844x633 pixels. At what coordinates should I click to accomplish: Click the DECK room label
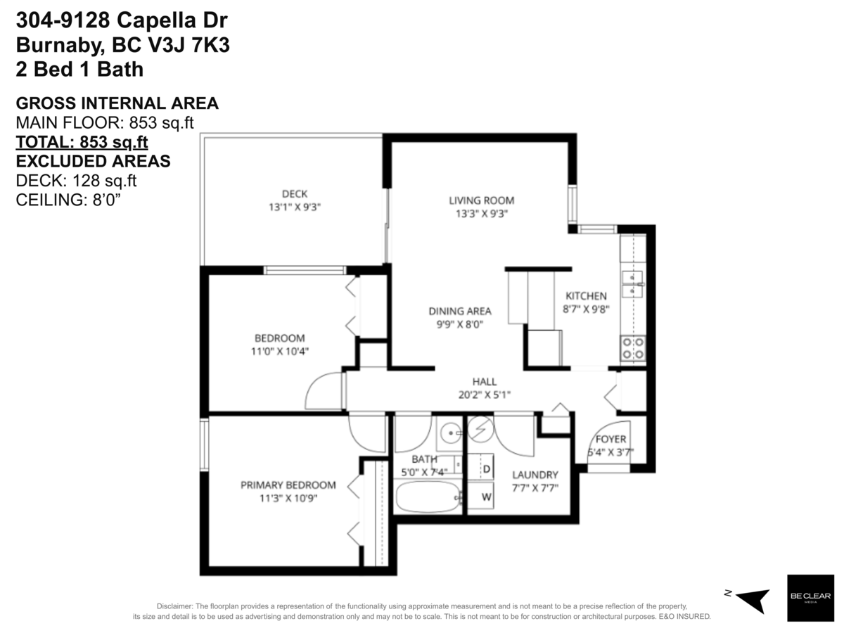[x=294, y=194]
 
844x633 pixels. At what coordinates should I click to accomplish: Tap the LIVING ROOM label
[x=481, y=200]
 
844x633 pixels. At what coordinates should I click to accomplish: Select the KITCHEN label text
[x=586, y=296]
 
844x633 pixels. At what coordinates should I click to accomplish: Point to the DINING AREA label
[x=460, y=311]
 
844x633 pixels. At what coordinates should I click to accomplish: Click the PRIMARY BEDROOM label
[x=288, y=485]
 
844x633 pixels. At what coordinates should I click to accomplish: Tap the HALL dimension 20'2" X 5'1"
[x=484, y=395]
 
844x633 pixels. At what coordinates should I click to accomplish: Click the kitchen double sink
[x=633, y=283]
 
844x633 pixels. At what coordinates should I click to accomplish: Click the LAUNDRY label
[x=535, y=475]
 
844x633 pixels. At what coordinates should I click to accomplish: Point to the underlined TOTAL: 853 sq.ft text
[x=82, y=142]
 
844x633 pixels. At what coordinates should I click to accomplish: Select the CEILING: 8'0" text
[x=68, y=200]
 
